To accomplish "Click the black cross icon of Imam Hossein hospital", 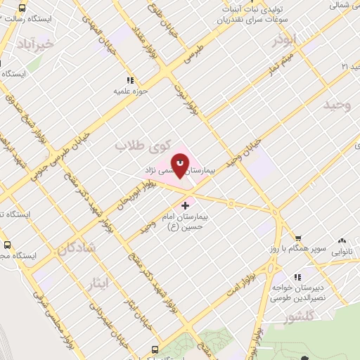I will click(x=185, y=205).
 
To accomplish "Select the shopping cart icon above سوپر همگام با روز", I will click(x=298, y=238).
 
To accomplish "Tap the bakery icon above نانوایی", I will click(x=343, y=239).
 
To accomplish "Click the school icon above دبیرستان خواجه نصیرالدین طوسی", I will click(x=298, y=276).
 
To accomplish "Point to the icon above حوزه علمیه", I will click(x=129, y=79).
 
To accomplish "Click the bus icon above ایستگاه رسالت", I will click(x=22, y=8).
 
